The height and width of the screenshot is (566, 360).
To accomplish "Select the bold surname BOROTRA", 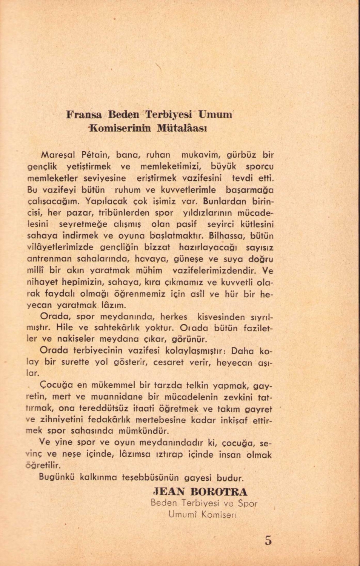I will point(219,492).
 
